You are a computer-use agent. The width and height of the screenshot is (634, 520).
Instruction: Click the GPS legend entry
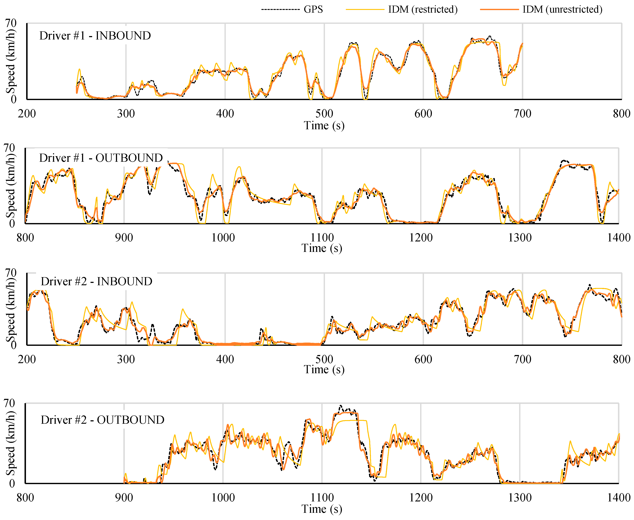point(313,9)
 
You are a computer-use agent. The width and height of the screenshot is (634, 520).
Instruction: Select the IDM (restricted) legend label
point(422,9)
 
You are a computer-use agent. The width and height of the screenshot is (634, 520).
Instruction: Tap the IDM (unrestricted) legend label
point(562,9)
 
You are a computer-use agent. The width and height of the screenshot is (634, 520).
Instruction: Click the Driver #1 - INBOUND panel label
point(95,36)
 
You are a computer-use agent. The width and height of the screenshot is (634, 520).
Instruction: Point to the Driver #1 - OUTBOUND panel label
point(101,158)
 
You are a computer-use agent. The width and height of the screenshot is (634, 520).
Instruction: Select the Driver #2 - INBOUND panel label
point(96,281)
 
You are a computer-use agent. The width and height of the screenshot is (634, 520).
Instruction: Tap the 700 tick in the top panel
point(522,114)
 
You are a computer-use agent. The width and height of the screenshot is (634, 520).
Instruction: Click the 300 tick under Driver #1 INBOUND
point(126,114)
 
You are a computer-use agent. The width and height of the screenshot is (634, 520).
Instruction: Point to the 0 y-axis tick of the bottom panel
point(12,483)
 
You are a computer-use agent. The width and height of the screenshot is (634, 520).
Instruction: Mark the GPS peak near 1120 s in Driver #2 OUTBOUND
point(340,406)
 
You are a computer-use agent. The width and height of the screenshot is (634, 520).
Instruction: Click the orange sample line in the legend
point(499,10)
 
